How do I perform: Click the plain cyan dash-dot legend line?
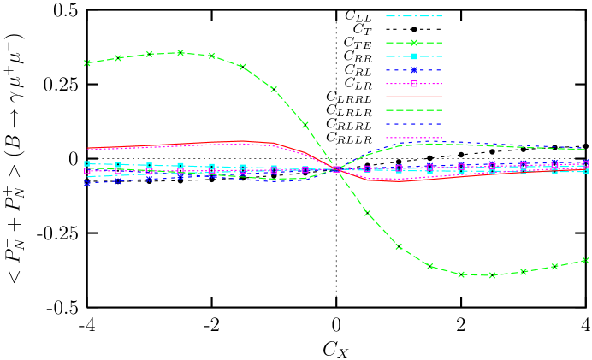[x=414, y=16]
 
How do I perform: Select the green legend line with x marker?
[x=414, y=43]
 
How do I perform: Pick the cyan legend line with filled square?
[x=414, y=56]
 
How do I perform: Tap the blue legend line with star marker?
[x=414, y=70]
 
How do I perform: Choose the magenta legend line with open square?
[x=414, y=84]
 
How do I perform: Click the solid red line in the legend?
[x=414, y=97]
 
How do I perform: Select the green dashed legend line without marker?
[x=414, y=110]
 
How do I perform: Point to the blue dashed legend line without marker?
[x=414, y=124]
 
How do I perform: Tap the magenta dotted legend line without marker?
[x=414, y=138]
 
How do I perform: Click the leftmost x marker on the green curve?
[x=87, y=63]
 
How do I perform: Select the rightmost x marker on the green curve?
[x=585, y=261]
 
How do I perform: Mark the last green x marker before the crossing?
[x=305, y=126]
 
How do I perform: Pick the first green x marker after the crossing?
[x=368, y=213]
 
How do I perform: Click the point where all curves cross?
[x=336, y=169]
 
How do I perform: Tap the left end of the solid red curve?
[x=88, y=149]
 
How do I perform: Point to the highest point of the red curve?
[x=242, y=141]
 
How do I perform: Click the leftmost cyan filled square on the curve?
[x=87, y=164]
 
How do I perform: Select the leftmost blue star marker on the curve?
[x=87, y=182]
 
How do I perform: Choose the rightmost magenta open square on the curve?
[x=585, y=163]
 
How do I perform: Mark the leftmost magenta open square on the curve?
[x=87, y=171]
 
